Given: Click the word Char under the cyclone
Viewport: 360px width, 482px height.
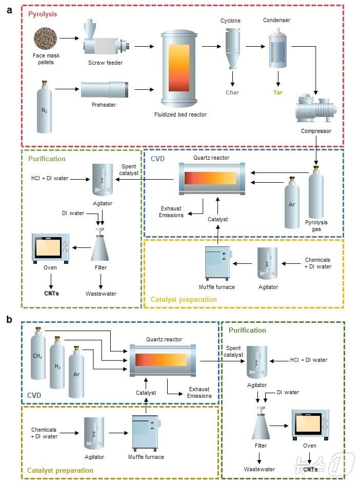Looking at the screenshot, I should tap(232, 92).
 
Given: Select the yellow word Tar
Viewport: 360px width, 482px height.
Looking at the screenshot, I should tap(278, 92).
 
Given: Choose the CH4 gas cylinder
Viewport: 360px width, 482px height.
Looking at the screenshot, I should tap(37, 359).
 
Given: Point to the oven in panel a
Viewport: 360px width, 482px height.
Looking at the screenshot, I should tap(50, 247).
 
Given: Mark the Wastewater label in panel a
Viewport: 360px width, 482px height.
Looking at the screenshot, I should tap(101, 294).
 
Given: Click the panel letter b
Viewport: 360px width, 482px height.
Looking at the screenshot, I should tap(9, 319).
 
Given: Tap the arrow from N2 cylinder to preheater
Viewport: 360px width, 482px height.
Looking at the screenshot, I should tap(67, 89).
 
